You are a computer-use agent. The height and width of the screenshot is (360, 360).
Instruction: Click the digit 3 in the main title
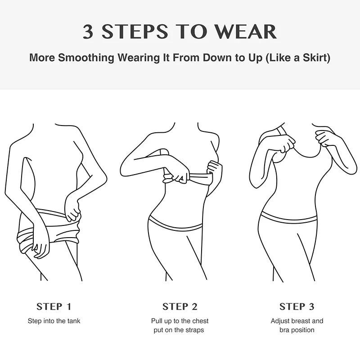click(x=88, y=31)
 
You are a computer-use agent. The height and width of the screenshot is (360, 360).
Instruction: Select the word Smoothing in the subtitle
click(x=86, y=58)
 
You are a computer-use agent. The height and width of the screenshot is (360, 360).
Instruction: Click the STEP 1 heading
click(x=54, y=307)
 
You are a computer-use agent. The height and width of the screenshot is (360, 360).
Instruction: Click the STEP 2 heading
click(x=180, y=307)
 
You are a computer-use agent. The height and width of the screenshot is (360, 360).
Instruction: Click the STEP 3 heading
click(x=297, y=307)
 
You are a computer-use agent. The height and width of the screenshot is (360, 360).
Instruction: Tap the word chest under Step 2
click(x=200, y=321)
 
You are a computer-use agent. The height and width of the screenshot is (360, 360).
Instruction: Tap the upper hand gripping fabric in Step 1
click(x=73, y=210)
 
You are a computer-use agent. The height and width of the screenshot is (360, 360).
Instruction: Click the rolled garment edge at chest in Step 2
click(x=188, y=179)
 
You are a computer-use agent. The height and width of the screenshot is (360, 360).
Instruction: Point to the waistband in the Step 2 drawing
click(x=175, y=226)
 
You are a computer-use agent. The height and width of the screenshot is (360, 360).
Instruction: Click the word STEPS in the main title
click(x=135, y=31)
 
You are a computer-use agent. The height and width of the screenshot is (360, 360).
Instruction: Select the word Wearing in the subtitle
click(x=139, y=58)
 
